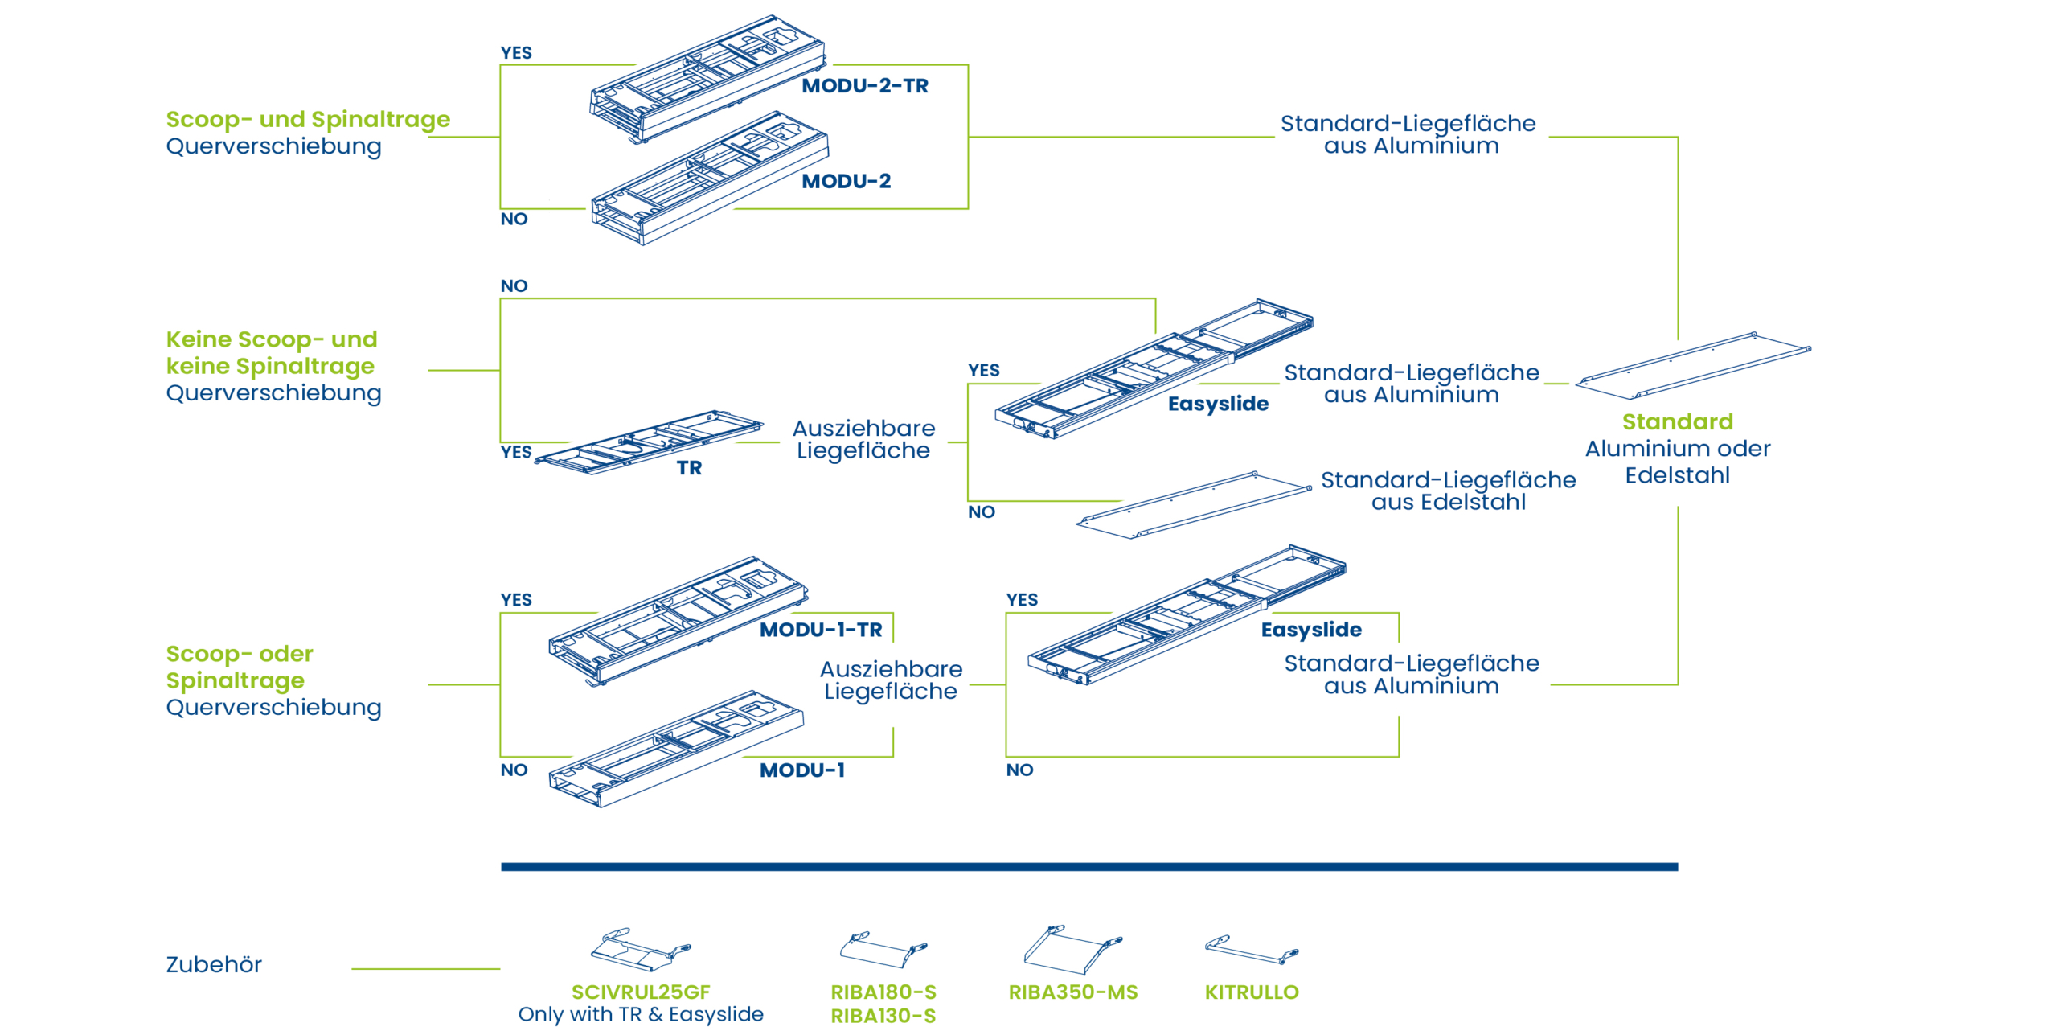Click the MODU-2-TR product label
tap(864, 86)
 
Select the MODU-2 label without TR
tap(846, 181)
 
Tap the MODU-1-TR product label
tap(820, 630)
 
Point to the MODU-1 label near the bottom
tap(801, 770)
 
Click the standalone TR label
tap(689, 468)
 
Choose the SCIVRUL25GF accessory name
tap(641, 992)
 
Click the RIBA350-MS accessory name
tap(1072, 992)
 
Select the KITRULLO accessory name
tap(1251, 992)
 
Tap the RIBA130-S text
tap(883, 1017)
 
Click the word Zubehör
tap(214, 965)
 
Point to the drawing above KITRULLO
tap(1251, 950)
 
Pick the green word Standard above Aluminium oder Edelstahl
tap(1677, 422)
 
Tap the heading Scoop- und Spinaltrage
tap(308, 120)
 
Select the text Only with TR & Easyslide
tap(641, 1015)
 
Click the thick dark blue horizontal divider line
tap(1088, 867)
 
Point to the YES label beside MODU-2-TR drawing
tap(516, 53)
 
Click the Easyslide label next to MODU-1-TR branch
tap(1310, 630)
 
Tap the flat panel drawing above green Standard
tap(1693, 366)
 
